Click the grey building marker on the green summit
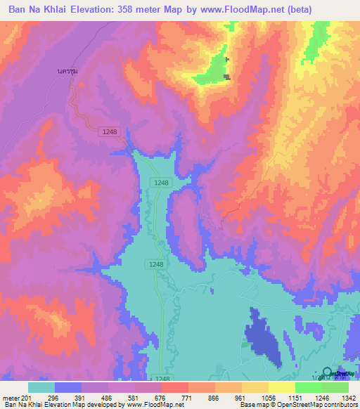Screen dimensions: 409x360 click(227, 77)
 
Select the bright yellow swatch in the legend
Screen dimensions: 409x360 click(281, 387)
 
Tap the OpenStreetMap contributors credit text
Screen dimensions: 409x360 click(320, 405)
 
